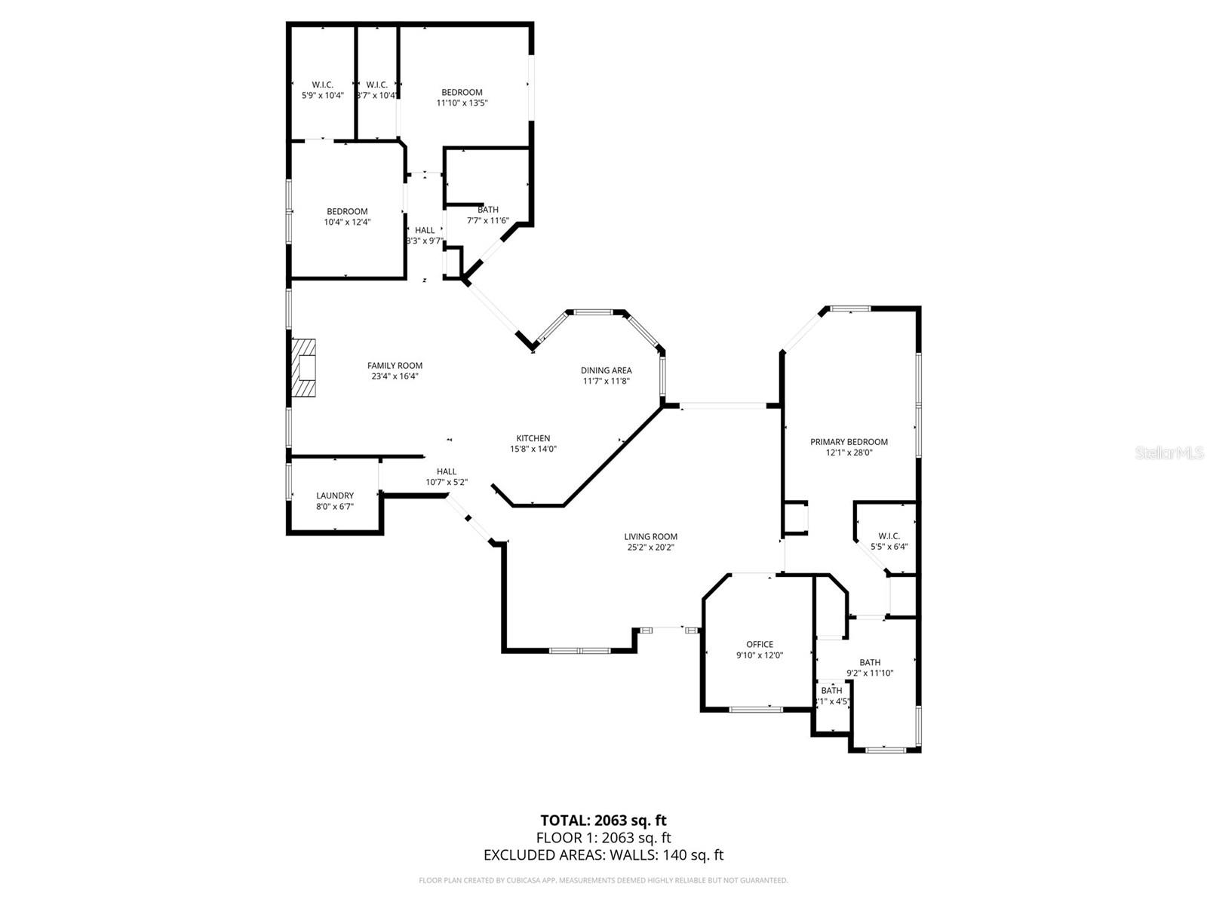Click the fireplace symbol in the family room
[x=305, y=368]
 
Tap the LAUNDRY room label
[x=335, y=496]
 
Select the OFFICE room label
[x=760, y=644]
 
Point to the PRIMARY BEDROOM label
[x=849, y=442]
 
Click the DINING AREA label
[x=606, y=370]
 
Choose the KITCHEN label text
[x=533, y=438]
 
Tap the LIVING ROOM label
[x=650, y=537]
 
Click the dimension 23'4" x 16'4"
[x=395, y=376]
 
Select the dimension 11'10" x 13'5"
[x=462, y=103]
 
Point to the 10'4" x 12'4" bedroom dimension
[x=347, y=222]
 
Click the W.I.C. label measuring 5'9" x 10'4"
[x=323, y=85]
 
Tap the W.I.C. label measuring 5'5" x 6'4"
[x=889, y=536]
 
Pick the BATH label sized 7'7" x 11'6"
[x=488, y=210]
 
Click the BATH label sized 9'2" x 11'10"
[x=870, y=662]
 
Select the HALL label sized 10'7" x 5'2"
[x=447, y=471]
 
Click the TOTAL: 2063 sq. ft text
[x=603, y=821]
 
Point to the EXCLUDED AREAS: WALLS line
[x=603, y=854]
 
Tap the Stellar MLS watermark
[x=1170, y=453]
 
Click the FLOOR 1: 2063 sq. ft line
[x=603, y=837]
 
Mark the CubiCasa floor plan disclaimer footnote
[x=603, y=880]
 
